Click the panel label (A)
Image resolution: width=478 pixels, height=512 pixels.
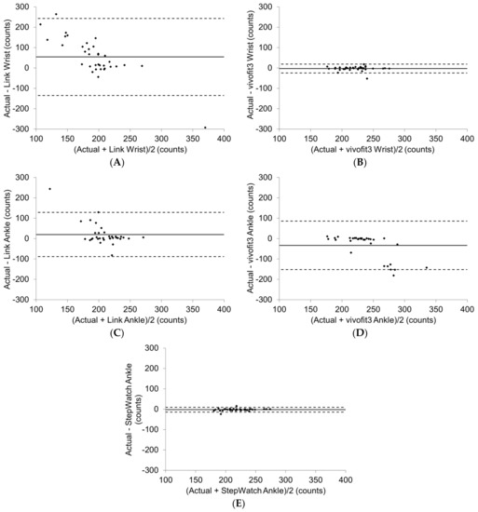(x=116, y=162)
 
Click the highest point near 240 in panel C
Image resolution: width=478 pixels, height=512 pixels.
(x=50, y=189)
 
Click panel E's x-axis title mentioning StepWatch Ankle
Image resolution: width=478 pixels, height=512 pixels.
(x=253, y=489)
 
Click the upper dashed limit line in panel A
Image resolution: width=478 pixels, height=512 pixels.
(x=130, y=19)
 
